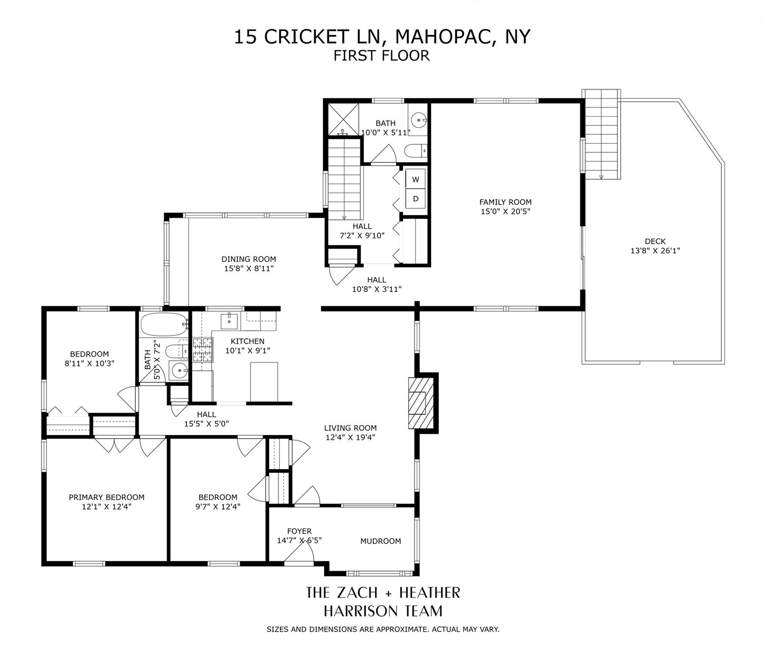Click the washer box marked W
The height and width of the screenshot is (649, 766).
pos(416,180)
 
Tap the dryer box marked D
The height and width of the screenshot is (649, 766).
pos(416,199)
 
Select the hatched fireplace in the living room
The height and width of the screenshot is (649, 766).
pos(421,403)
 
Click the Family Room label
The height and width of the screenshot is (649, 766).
pos(505,202)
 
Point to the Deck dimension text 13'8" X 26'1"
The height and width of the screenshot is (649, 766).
pos(655,251)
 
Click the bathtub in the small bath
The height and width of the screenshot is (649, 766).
pos(163,324)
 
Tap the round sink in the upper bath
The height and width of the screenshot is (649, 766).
pos(419,120)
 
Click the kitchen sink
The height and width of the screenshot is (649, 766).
pos(230,321)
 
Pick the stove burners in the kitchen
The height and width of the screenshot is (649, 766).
pos(202,350)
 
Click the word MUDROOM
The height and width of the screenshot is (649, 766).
pos(380,541)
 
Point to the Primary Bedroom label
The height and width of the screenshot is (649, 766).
pos(107,497)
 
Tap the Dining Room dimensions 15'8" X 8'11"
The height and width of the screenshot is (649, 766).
pos(249,268)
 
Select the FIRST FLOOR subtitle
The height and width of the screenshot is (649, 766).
pos(381,56)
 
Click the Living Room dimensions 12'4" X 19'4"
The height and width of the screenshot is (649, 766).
pos(350,438)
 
